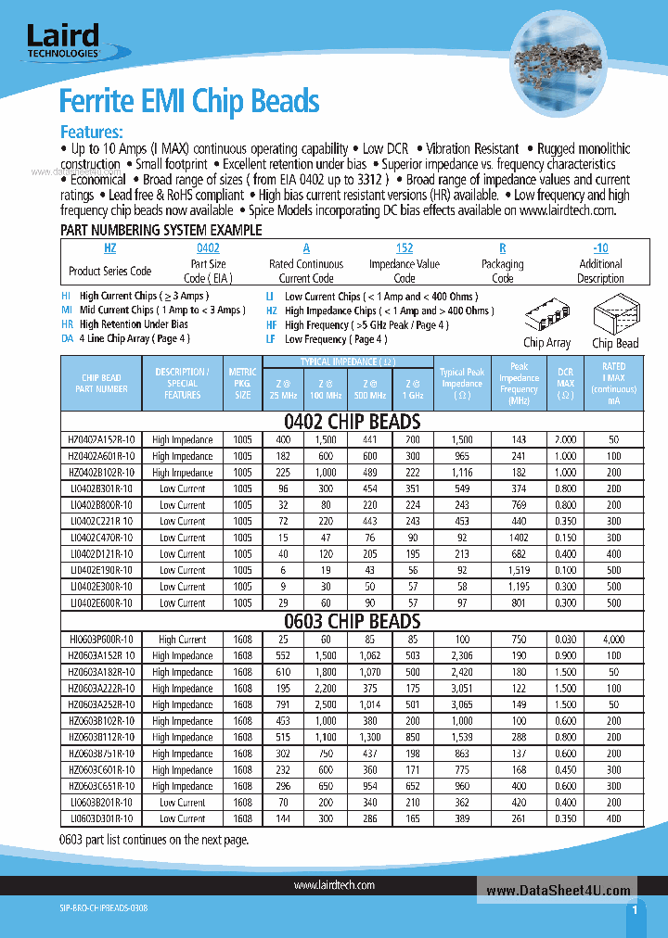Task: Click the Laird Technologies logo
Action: pyautogui.click(x=63, y=42)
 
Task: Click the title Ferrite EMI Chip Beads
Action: pyautogui.click(x=189, y=101)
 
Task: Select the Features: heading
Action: pyautogui.click(x=91, y=132)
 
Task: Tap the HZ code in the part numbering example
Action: pyautogui.click(x=110, y=248)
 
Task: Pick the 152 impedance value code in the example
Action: pyautogui.click(x=405, y=248)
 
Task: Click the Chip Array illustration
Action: pyautogui.click(x=546, y=320)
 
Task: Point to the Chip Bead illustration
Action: pyautogui.click(x=615, y=320)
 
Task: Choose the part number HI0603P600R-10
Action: pyautogui.click(x=101, y=640)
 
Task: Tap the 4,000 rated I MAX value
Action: pyautogui.click(x=613, y=640)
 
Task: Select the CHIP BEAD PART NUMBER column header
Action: pyautogui.click(x=101, y=384)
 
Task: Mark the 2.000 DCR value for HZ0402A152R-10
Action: pyautogui.click(x=565, y=440)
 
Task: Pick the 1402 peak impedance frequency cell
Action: pyautogui.click(x=519, y=538)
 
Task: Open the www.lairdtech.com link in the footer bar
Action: pyautogui.click(x=334, y=886)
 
